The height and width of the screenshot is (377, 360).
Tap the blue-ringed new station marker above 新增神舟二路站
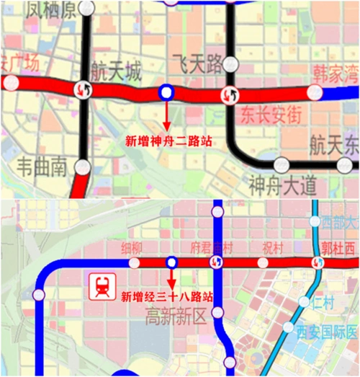(166, 92)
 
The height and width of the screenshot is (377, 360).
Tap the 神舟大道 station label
(282, 186)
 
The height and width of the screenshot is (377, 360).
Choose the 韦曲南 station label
(42, 168)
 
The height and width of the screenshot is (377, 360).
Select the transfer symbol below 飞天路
(230, 94)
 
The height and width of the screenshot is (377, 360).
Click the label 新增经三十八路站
(168, 296)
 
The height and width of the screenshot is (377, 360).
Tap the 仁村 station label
(323, 302)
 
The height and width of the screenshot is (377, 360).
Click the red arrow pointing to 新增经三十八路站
(171, 278)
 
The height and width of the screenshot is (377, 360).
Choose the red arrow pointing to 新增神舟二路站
(166, 115)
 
